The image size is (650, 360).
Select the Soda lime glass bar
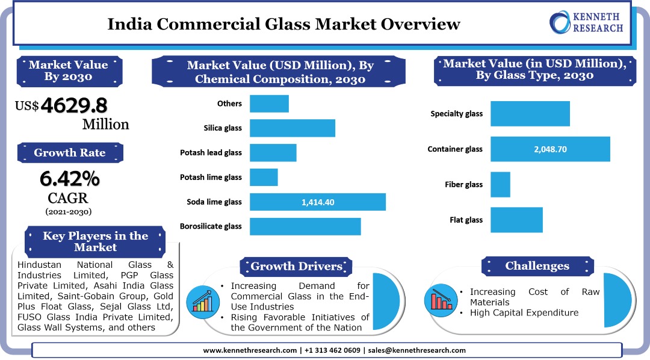(x=318, y=202)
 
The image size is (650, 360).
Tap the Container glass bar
(x=550, y=149)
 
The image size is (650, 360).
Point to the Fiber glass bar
(x=500, y=184)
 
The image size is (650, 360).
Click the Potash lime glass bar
(x=264, y=178)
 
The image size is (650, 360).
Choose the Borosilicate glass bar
(x=305, y=226)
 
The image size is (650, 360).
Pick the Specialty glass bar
(x=530, y=114)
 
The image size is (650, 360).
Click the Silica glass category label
(x=223, y=128)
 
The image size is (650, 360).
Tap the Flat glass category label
(x=466, y=220)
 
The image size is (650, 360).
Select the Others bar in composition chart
(x=269, y=104)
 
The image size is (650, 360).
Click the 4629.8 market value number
(x=74, y=105)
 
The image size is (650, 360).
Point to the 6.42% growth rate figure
(x=70, y=178)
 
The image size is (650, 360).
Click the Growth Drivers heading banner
(x=296, y=266)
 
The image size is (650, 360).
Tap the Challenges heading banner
(x=537, y=265)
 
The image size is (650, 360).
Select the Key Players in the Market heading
(x=95, y=241)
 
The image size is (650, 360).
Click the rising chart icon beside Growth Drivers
(x=202, y=300)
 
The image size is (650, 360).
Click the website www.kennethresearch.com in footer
(x=250, y=350)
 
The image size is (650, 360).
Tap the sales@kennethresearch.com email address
(x=416, y=350)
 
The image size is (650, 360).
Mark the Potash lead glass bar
(x=273, y=153)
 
